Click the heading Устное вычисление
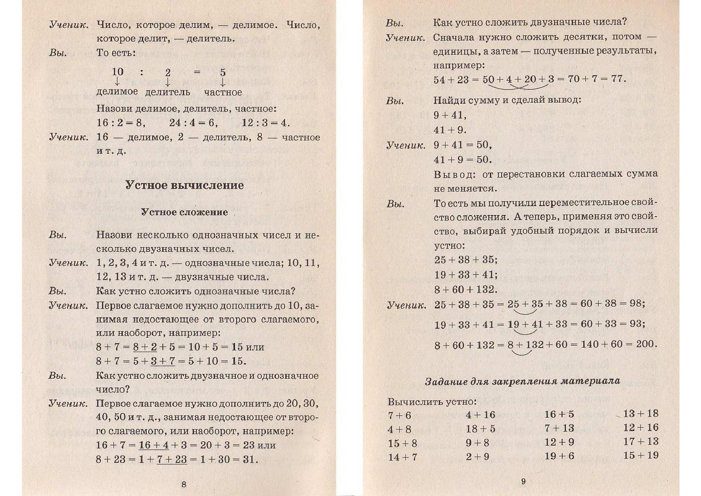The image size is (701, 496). [x=184, y=185]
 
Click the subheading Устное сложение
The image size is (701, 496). [x=184, y=212]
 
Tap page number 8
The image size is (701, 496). [x=184, y=484]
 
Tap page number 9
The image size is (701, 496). [x=523, y=481]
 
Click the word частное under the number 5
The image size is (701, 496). [x=223, y=92]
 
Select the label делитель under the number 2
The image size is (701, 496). [x=167, y=92]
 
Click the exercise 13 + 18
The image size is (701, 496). [x=640, y=414]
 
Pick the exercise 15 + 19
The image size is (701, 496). [x=640, y=455]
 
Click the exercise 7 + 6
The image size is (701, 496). [x=399, y=416]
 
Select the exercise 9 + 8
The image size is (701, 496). [x=477, y=443]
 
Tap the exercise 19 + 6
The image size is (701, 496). [x=559, y=456]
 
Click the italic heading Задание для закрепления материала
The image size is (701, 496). [x=522, y=381]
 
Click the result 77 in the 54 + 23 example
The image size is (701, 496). [x=618, y=78]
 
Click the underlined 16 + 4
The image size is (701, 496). [x=154, y=445]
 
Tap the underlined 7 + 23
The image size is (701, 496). [x=172, y=459]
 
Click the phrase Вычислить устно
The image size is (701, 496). [x=432, y=402]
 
